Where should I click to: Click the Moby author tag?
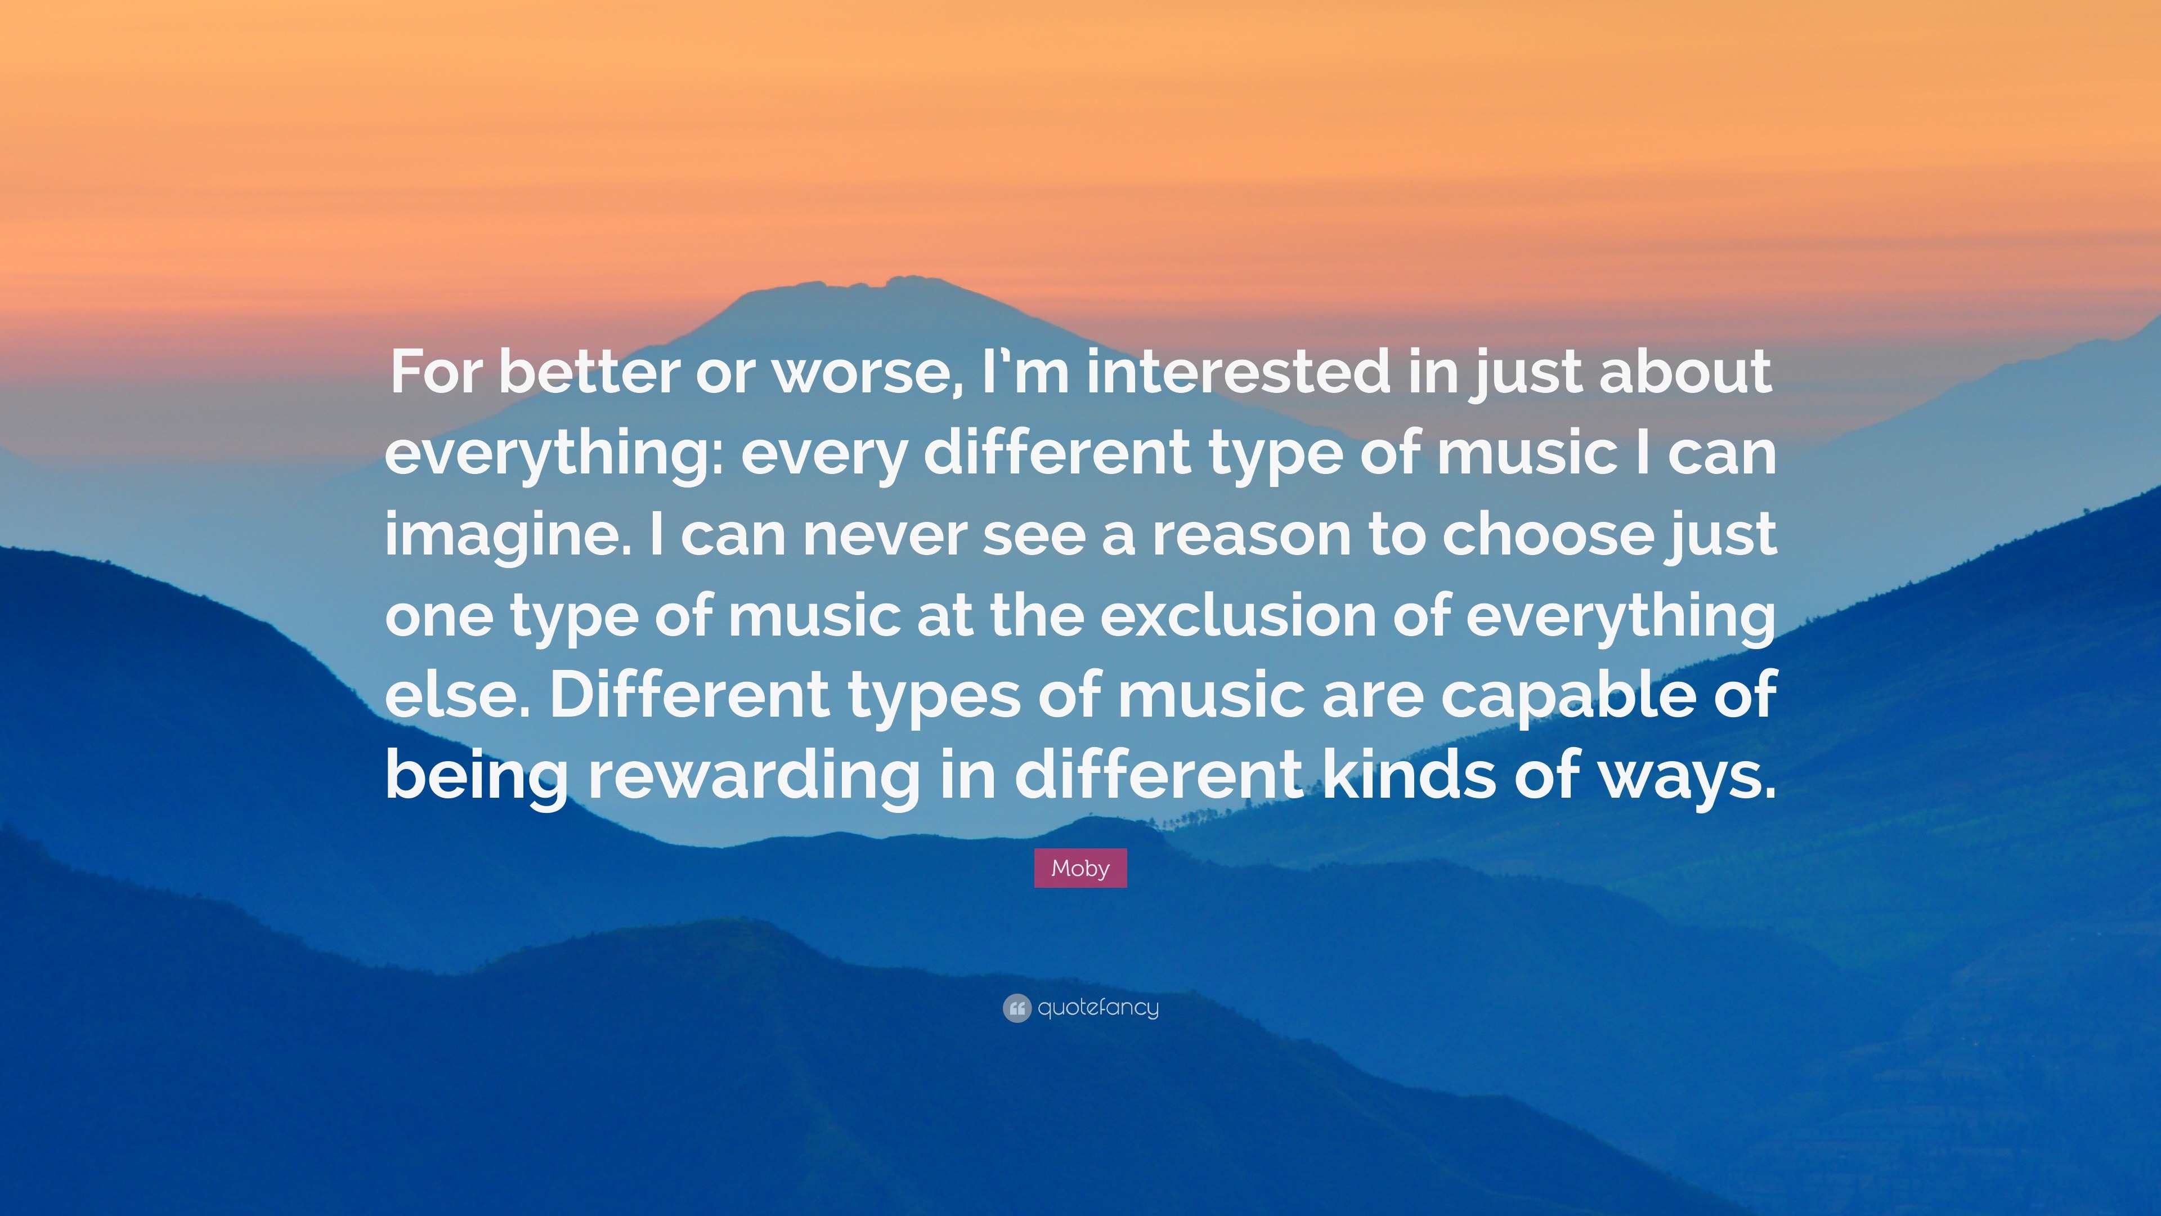(1080, 868)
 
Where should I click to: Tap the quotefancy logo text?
(1098, 1007)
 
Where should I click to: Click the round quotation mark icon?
(1016, 1008)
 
